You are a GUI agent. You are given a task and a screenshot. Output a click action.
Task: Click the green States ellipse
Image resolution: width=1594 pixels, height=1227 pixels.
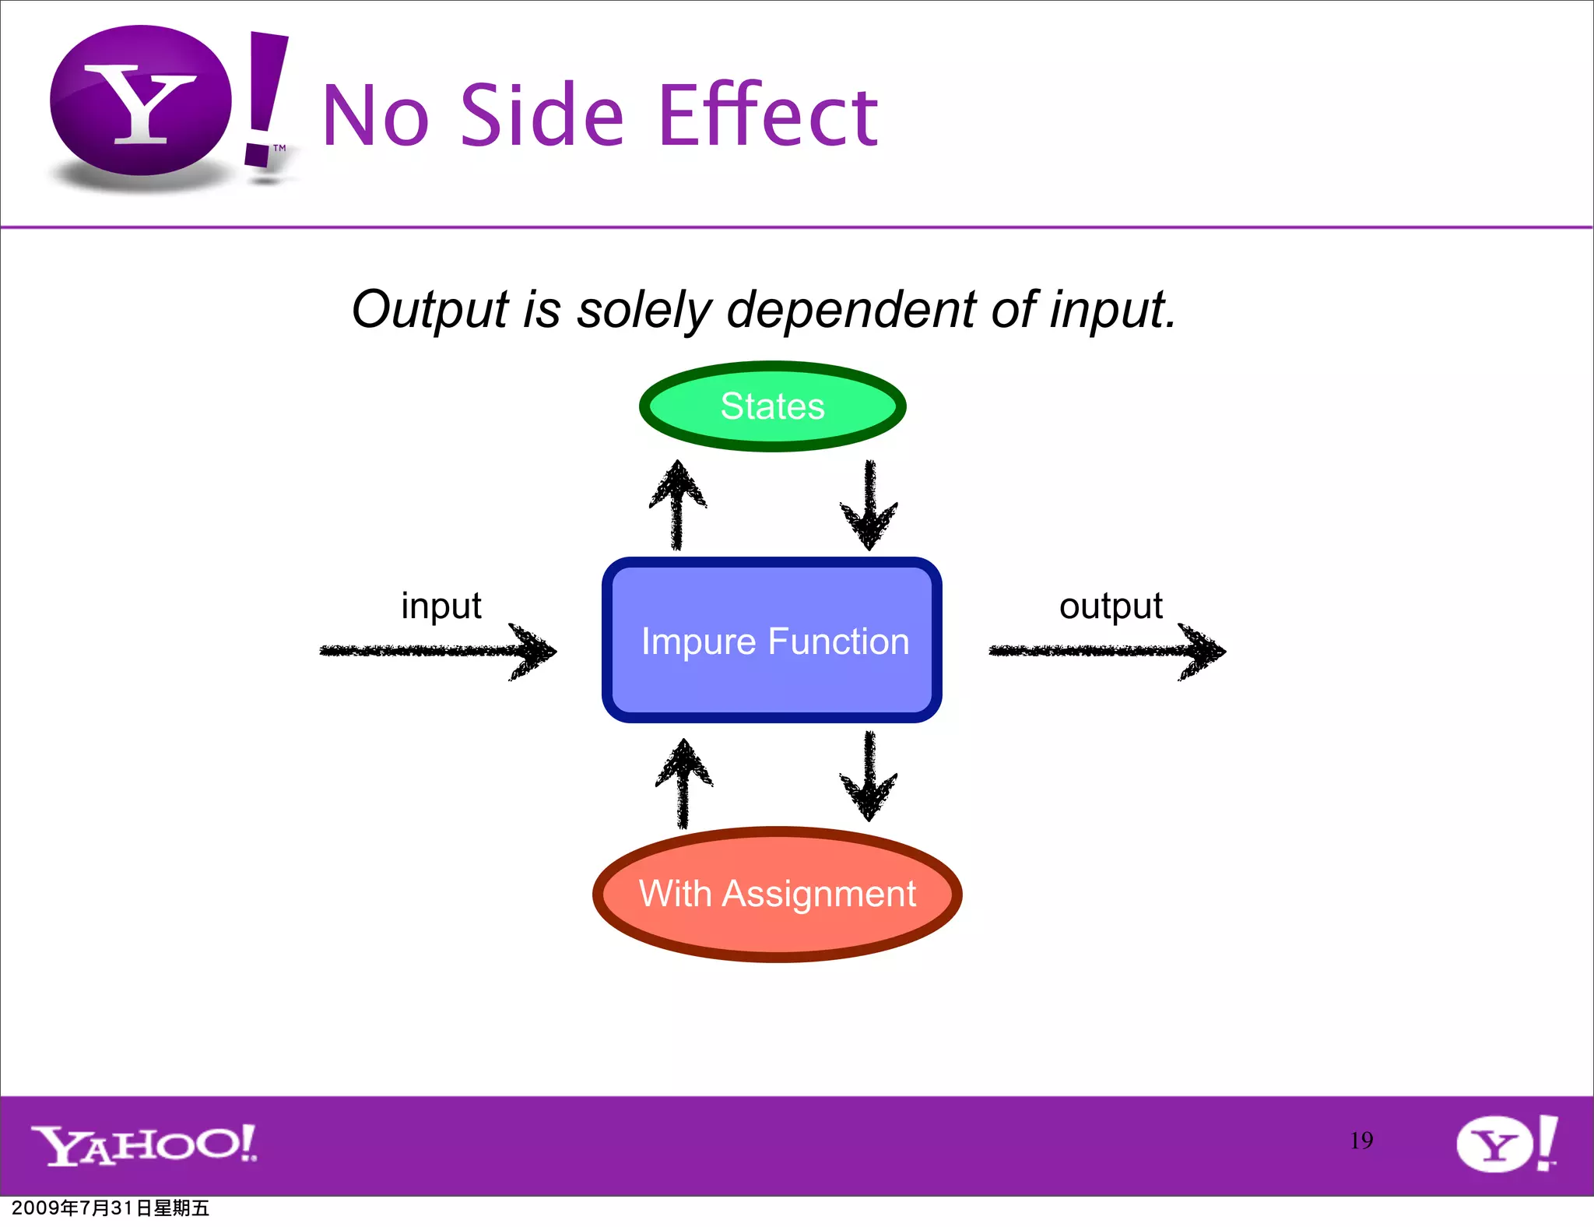pos(772,406)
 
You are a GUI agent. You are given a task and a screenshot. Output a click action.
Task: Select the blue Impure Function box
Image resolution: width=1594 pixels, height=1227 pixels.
pos(772,640)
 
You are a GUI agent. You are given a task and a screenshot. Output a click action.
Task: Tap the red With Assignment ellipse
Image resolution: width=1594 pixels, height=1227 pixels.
pos(777,894)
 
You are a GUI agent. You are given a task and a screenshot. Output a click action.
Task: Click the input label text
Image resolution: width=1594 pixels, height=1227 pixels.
pos(441,606)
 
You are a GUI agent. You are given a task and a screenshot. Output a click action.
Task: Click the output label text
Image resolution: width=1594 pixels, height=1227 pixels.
pos(1111,606)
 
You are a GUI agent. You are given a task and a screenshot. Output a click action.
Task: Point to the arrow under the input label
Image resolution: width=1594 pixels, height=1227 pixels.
pos(438,651)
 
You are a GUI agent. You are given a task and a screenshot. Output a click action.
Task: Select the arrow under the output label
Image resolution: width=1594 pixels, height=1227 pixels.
pos(1107,651)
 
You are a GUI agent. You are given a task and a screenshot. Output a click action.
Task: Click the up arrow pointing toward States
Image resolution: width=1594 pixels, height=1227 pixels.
pos(678,505)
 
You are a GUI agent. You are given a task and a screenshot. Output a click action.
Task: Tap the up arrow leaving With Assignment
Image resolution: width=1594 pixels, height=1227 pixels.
pos(683,782)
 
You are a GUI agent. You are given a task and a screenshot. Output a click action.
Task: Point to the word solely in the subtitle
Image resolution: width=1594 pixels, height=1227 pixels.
pos(644,310)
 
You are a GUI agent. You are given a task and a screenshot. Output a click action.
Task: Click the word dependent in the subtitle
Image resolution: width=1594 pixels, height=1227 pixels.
pos(851,310)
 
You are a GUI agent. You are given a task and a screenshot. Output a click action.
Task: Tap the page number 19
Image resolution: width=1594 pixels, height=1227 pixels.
pos(1361,1141)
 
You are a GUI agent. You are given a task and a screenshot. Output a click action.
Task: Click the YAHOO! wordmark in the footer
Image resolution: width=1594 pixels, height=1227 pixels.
pos(144,1144)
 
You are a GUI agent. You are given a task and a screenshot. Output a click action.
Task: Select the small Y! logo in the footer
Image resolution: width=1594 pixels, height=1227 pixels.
pos(1506,1143)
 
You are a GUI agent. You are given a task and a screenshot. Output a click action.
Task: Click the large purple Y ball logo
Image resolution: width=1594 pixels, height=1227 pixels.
pos(141,101)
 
